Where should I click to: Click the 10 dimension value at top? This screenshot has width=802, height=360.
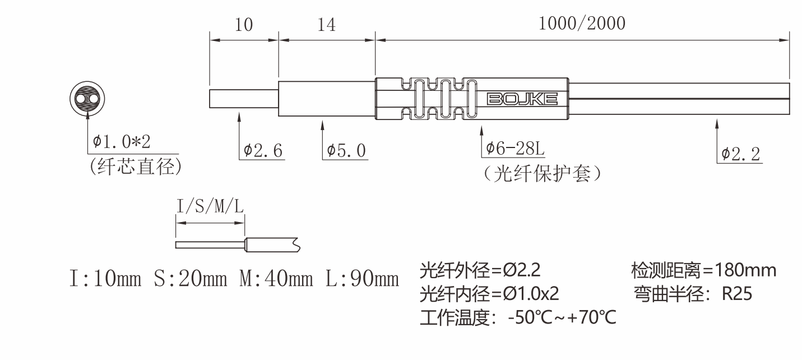[x=244, y=25]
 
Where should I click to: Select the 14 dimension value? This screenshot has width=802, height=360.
[x=327, y=25]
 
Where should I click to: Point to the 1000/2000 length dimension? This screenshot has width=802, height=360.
[x=582, y=24]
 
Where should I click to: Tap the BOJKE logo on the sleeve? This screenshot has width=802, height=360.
[x=522, y=100]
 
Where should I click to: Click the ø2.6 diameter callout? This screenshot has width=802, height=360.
[x=263, y=150]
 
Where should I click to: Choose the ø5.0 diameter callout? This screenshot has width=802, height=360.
[x=346, y=150]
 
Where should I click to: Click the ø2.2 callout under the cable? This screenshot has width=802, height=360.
[x=741, y=154]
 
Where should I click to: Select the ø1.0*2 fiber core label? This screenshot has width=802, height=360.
[x=122, y=142]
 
